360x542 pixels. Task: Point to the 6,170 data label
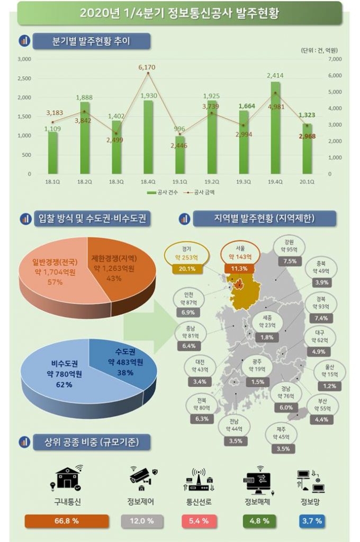click(147, 67)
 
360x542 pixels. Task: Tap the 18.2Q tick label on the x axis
click(84, 180)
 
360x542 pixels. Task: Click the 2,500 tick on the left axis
click(24, 78)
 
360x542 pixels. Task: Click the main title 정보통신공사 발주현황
click(179, 13)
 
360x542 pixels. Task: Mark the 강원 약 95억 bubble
click(290, 247)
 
